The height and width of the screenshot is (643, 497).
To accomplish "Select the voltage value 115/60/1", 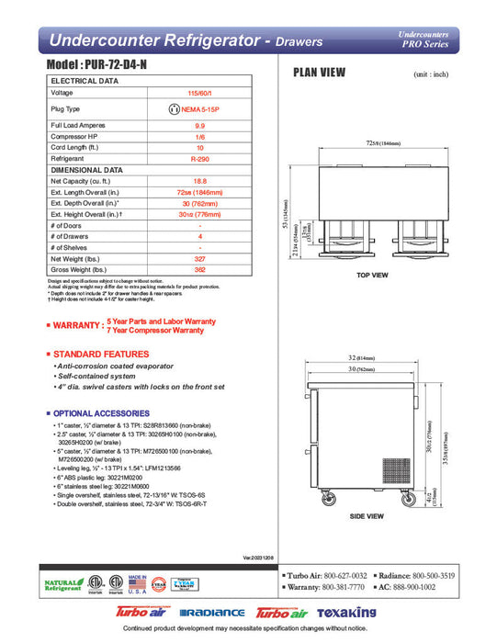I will point(199,93).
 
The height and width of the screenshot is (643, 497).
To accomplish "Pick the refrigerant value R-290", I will point(199,158).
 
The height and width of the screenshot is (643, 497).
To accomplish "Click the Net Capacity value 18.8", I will point(199,182).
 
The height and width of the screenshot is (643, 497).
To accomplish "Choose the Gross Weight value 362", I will point(199,270).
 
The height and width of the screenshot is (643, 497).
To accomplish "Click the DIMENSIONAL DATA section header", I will point(87,170).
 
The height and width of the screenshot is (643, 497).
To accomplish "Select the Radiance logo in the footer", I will point(212,613).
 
